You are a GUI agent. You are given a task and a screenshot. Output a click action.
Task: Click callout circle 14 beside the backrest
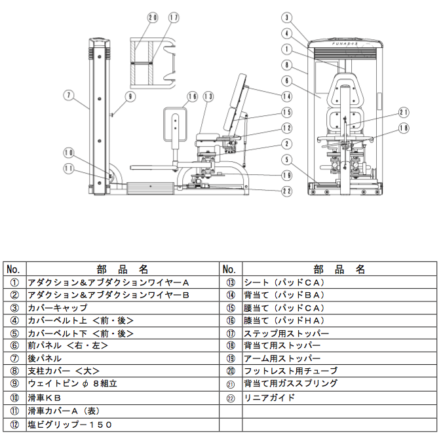286,96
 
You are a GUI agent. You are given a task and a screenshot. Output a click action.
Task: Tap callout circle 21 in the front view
404,111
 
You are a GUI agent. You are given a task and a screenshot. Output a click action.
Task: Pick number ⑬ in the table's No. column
230,282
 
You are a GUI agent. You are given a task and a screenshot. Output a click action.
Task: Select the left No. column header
14,269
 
